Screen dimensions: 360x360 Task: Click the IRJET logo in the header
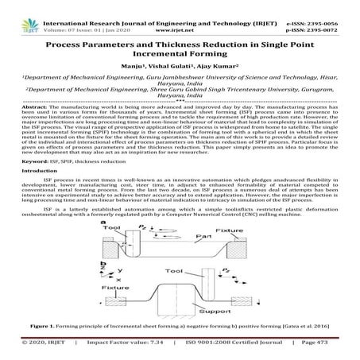tap(17, 10)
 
